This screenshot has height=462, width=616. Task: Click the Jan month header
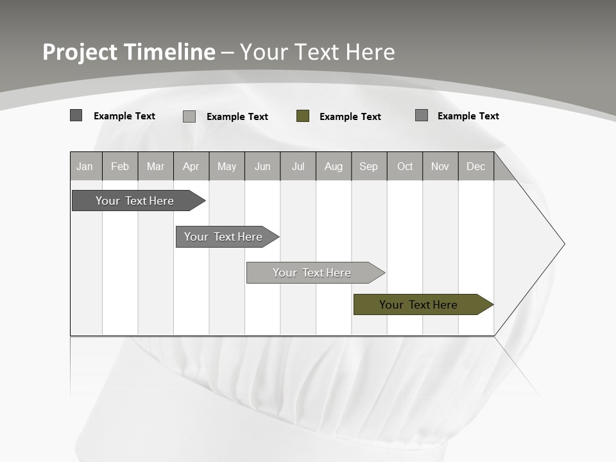click(x=85, y=167)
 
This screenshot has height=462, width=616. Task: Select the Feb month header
click(x=120, y=167)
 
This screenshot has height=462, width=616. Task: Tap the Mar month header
click(x=155, y=167)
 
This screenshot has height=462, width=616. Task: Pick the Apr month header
click(x=191, y=167)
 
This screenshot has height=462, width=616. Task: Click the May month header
click(x=227, y=167)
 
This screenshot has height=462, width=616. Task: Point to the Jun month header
click(x=262, y=167)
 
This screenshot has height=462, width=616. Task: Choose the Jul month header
click(x=298, y=167)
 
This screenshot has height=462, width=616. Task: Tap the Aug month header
click(x=334, y=167)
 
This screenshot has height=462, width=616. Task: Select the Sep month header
click(x=369, y=167)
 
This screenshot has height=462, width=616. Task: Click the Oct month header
click(x=405, y=167)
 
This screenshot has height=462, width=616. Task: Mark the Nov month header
click(x=440, y=167)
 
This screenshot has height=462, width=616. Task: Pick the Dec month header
click(x=476, y=167)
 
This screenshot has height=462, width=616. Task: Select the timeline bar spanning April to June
click(x=225, y=237)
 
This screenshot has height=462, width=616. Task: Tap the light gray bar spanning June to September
click(x=313, y=273)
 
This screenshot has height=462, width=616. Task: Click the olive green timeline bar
click(x=420, y=305)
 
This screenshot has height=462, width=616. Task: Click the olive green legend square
click(x=303, y=116)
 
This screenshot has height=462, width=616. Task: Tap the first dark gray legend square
click(x=76, y=116)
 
